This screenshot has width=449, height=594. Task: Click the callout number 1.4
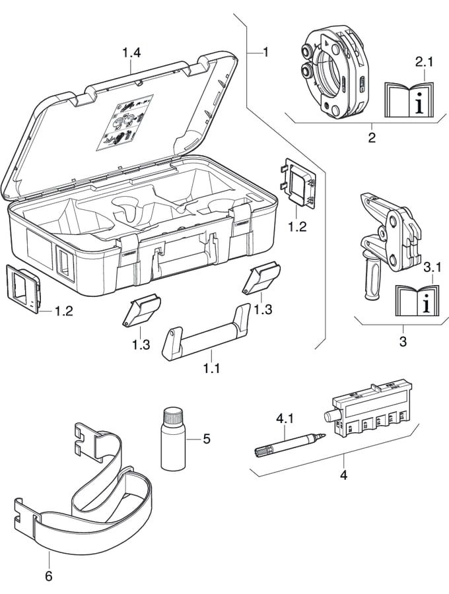pos(132,51)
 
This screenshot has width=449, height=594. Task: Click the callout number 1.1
pos(211,368)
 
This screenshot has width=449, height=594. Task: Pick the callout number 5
pos(207,438)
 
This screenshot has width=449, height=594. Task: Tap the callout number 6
pos(48,576)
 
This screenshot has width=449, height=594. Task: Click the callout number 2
pos(372,138)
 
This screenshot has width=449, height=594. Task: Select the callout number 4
pos(343,473)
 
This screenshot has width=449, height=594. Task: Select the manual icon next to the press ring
pos(409,99)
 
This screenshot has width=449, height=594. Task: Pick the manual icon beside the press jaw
pos(417,301)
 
